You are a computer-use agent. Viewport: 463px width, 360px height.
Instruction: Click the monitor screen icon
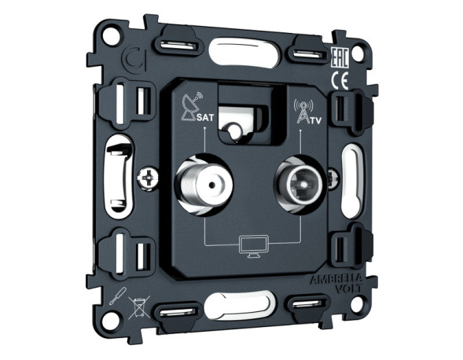253,244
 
